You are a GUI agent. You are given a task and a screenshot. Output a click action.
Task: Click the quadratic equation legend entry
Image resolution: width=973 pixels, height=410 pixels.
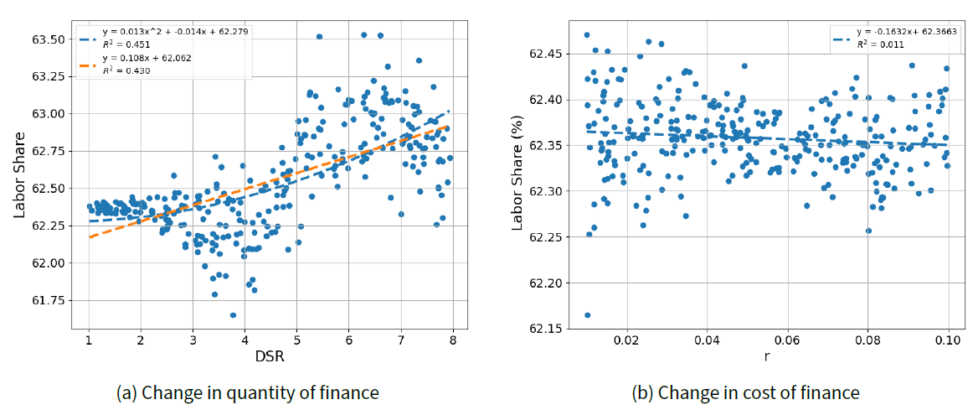[174, 32]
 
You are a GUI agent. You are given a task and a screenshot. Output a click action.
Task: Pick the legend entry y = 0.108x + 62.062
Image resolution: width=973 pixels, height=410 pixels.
[151, 58]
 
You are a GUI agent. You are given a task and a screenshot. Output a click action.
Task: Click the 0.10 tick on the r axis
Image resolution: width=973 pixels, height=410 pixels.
[949, 341]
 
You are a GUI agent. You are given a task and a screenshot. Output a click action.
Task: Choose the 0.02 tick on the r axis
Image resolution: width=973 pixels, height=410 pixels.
[626, 341]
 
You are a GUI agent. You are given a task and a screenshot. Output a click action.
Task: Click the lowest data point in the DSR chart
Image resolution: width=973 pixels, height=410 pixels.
[233, 314]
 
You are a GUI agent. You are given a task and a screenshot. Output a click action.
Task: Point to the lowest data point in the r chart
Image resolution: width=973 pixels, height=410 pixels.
[587, 315]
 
